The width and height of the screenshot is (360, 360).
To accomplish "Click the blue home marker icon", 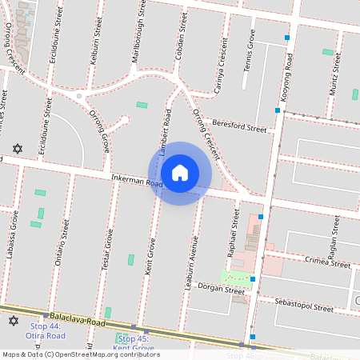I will [180, 173].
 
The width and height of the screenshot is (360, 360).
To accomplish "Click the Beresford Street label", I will [239, 126].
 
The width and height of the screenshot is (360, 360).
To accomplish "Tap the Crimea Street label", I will [327, 262].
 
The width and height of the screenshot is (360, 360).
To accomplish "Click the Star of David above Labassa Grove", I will [18, 149].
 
